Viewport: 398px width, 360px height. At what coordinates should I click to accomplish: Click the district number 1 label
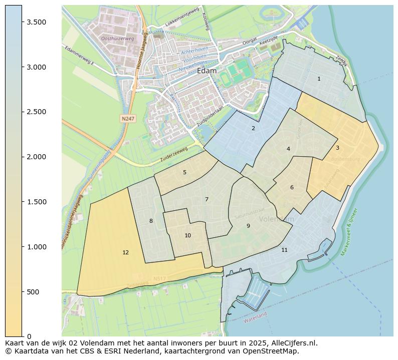[319, 79]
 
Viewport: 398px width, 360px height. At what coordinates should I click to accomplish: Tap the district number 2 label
[253, 129]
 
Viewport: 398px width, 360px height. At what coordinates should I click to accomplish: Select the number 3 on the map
[337, 148]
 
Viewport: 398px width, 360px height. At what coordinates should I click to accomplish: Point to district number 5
[184, 173]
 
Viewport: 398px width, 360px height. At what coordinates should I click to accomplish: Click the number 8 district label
[151, 221]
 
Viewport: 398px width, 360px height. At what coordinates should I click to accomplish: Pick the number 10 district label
[187, 236]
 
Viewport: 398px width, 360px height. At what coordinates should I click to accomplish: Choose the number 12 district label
[125, 253]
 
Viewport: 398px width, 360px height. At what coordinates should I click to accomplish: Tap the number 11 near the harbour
[284, 250]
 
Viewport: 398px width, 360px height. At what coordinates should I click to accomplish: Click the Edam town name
[207, 71]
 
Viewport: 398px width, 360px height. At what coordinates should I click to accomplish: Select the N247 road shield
[127, 119]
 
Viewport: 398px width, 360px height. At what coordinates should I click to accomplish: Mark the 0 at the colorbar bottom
[30, 336]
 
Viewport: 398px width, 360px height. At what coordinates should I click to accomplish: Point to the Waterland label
[255, 317]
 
